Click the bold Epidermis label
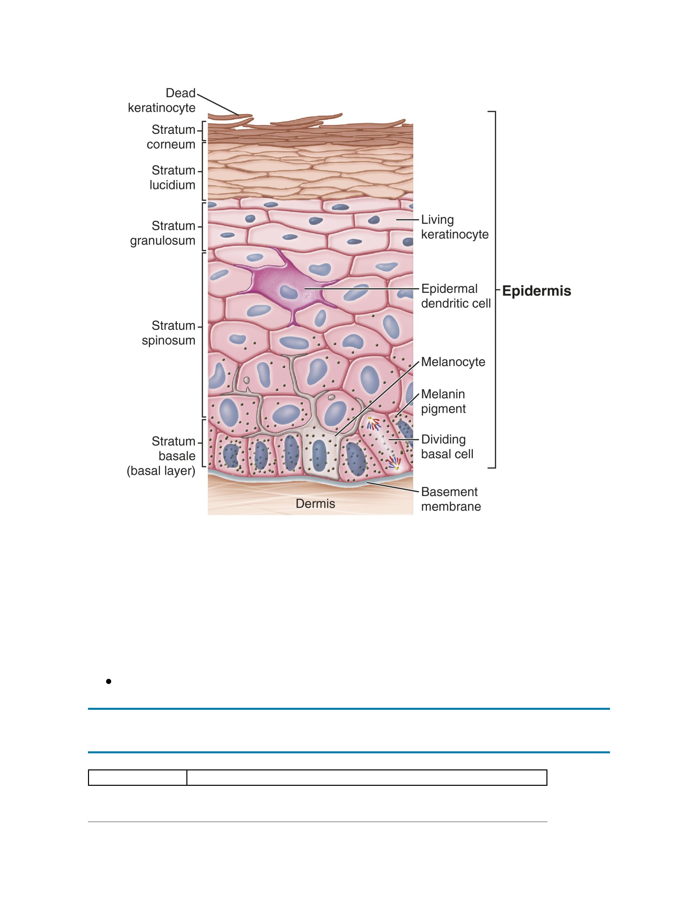(536, 291)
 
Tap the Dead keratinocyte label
(162, 100)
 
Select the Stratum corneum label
(171, 137)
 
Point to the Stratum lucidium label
(173, 177)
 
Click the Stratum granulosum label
(163, 233)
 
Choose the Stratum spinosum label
(168, 333)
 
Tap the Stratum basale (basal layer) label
(161, 456)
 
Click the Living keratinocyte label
(455, 227)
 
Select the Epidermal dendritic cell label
(455, 296)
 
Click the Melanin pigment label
(443, 401)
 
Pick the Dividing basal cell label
(447, 447)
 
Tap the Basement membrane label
(451, 499)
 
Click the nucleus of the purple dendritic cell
(287, 292)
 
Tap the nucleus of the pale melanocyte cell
(319, 456)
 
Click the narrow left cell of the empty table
(138, 777)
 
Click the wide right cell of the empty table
(367, 777)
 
